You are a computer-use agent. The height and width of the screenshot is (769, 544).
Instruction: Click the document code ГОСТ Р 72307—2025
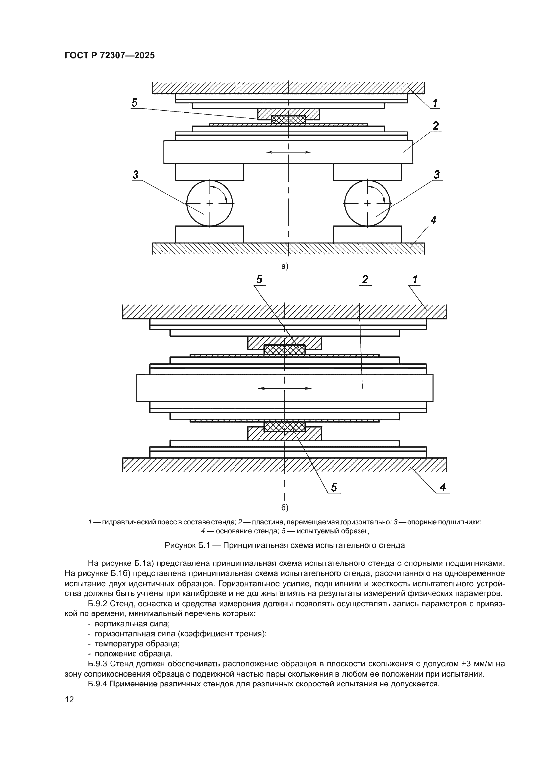pyautogui.click(x=110, y=55)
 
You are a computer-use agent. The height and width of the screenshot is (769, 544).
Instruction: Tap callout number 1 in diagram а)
pyautogui.click(x=435, y=103)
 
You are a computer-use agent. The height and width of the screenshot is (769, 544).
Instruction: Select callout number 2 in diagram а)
pyautogui.click(x=435, y=126)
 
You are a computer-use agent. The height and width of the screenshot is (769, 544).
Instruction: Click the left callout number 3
pyautogui.click(x=136, y=175)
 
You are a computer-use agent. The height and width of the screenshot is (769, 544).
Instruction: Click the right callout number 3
pyautogui.click(x=437, y=175)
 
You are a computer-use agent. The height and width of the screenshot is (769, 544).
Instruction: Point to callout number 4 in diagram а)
pyautogui.click(x=433, y=220)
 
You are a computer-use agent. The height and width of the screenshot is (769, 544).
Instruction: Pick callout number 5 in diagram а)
pyautogui.click(x=134, y=103)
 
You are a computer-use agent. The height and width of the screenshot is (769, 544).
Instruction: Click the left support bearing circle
pyautogui.click(x=210, y=203)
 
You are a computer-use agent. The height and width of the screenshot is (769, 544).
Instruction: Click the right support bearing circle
pyautogui.click(x=367, y=203)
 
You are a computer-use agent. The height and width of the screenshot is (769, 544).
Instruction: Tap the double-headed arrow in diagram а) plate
pyautogui.click(x=288, y=152)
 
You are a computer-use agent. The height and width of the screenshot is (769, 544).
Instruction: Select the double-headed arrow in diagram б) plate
pyautogui.click(x=284, y=388)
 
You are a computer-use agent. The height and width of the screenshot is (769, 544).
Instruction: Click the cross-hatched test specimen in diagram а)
pyautogui.click(x=288, y=120)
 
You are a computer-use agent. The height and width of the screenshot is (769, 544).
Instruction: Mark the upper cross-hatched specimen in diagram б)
pyautogui.click(x=284, y=349)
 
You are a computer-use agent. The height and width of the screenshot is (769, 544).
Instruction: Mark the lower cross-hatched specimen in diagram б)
pyautogui.click(x=284, y=427)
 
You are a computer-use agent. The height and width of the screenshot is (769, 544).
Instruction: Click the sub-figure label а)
pyautogui.click(x=285, y=266)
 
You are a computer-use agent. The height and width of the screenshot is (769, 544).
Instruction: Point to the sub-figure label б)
pyautogui.click(x=284, y=507)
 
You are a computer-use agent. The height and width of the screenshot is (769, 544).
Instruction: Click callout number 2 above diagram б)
pyautogui.click(x=365, y=279)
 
